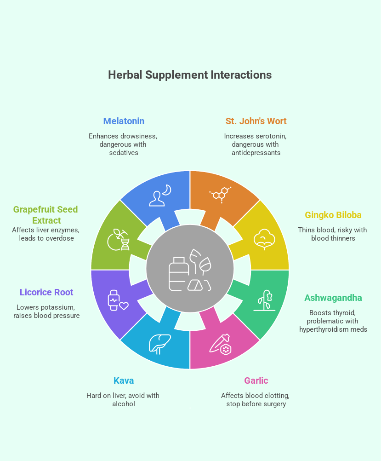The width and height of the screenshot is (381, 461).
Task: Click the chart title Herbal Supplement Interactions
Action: (x=190, y=75)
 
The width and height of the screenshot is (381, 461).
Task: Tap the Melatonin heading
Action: (x=124, y=121)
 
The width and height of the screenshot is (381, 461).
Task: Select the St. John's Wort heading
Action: (x=256, y=121)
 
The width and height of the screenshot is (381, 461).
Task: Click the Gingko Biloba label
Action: (x=333, y=215)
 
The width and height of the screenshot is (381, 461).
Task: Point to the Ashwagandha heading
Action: (x=333, y=298)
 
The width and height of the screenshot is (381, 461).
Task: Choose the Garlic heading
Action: (x=256, y=380)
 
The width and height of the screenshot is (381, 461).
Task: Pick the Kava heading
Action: (x=124, y=380)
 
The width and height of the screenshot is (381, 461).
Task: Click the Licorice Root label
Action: (x=46, y=292)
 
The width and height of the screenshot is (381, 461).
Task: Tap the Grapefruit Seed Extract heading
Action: (x=45, y=215)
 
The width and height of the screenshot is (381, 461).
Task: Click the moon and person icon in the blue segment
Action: (x=160, y=195)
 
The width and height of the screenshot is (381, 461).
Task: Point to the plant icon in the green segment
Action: (x=264, y=300)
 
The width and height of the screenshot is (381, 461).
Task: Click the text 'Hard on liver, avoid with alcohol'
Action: (x=123, y=400)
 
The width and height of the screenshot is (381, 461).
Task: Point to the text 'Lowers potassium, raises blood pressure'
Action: (x=46, y=311)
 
